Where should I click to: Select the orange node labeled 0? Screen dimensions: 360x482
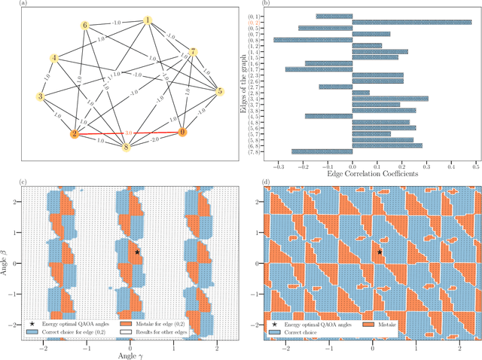click(x=181, y=133)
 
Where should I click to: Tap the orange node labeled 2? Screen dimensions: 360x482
click(x=75, y=135)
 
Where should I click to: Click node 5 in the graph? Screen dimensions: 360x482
click(x=220, y=92)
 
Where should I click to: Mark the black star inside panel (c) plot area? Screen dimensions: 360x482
click(x=136, y=252)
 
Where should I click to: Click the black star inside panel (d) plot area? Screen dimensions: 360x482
click(x=380, y=252)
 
